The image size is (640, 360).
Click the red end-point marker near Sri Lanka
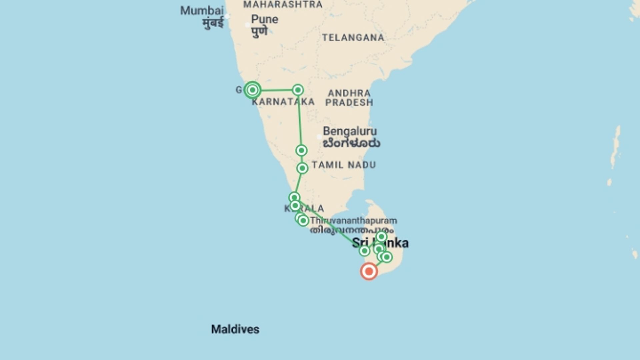[x=369, y=271]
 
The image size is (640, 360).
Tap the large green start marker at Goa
[x=252, y=90]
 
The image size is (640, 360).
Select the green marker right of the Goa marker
[x=298, y=90]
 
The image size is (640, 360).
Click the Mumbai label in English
[x=202, y=11]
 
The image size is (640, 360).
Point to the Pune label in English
[x=264, y=19]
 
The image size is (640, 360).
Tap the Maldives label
[x=235, y=329]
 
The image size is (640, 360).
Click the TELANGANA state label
[x=353, y=38]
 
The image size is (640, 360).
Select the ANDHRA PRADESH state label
[x=349, y=98]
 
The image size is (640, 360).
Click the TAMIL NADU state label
[x=344, y=165]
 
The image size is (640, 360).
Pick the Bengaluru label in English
[x=350, y=131]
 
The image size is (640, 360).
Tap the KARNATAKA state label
[x=283, y=102]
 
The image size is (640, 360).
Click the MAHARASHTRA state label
[x=283, y=5]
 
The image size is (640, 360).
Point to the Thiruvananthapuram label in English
[x=353, y=221]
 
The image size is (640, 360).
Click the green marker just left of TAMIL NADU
[x=302, y=168]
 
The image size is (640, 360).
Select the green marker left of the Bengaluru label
[x=301, y=150]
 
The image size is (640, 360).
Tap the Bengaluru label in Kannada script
[x=351, y=144]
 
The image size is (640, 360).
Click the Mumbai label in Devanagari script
[x=213, y=23]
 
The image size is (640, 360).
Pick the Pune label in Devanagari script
[x=259, y=32]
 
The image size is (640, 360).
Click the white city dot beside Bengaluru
[x=319, y=137]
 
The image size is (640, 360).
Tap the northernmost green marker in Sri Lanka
[x=381, y=237]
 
